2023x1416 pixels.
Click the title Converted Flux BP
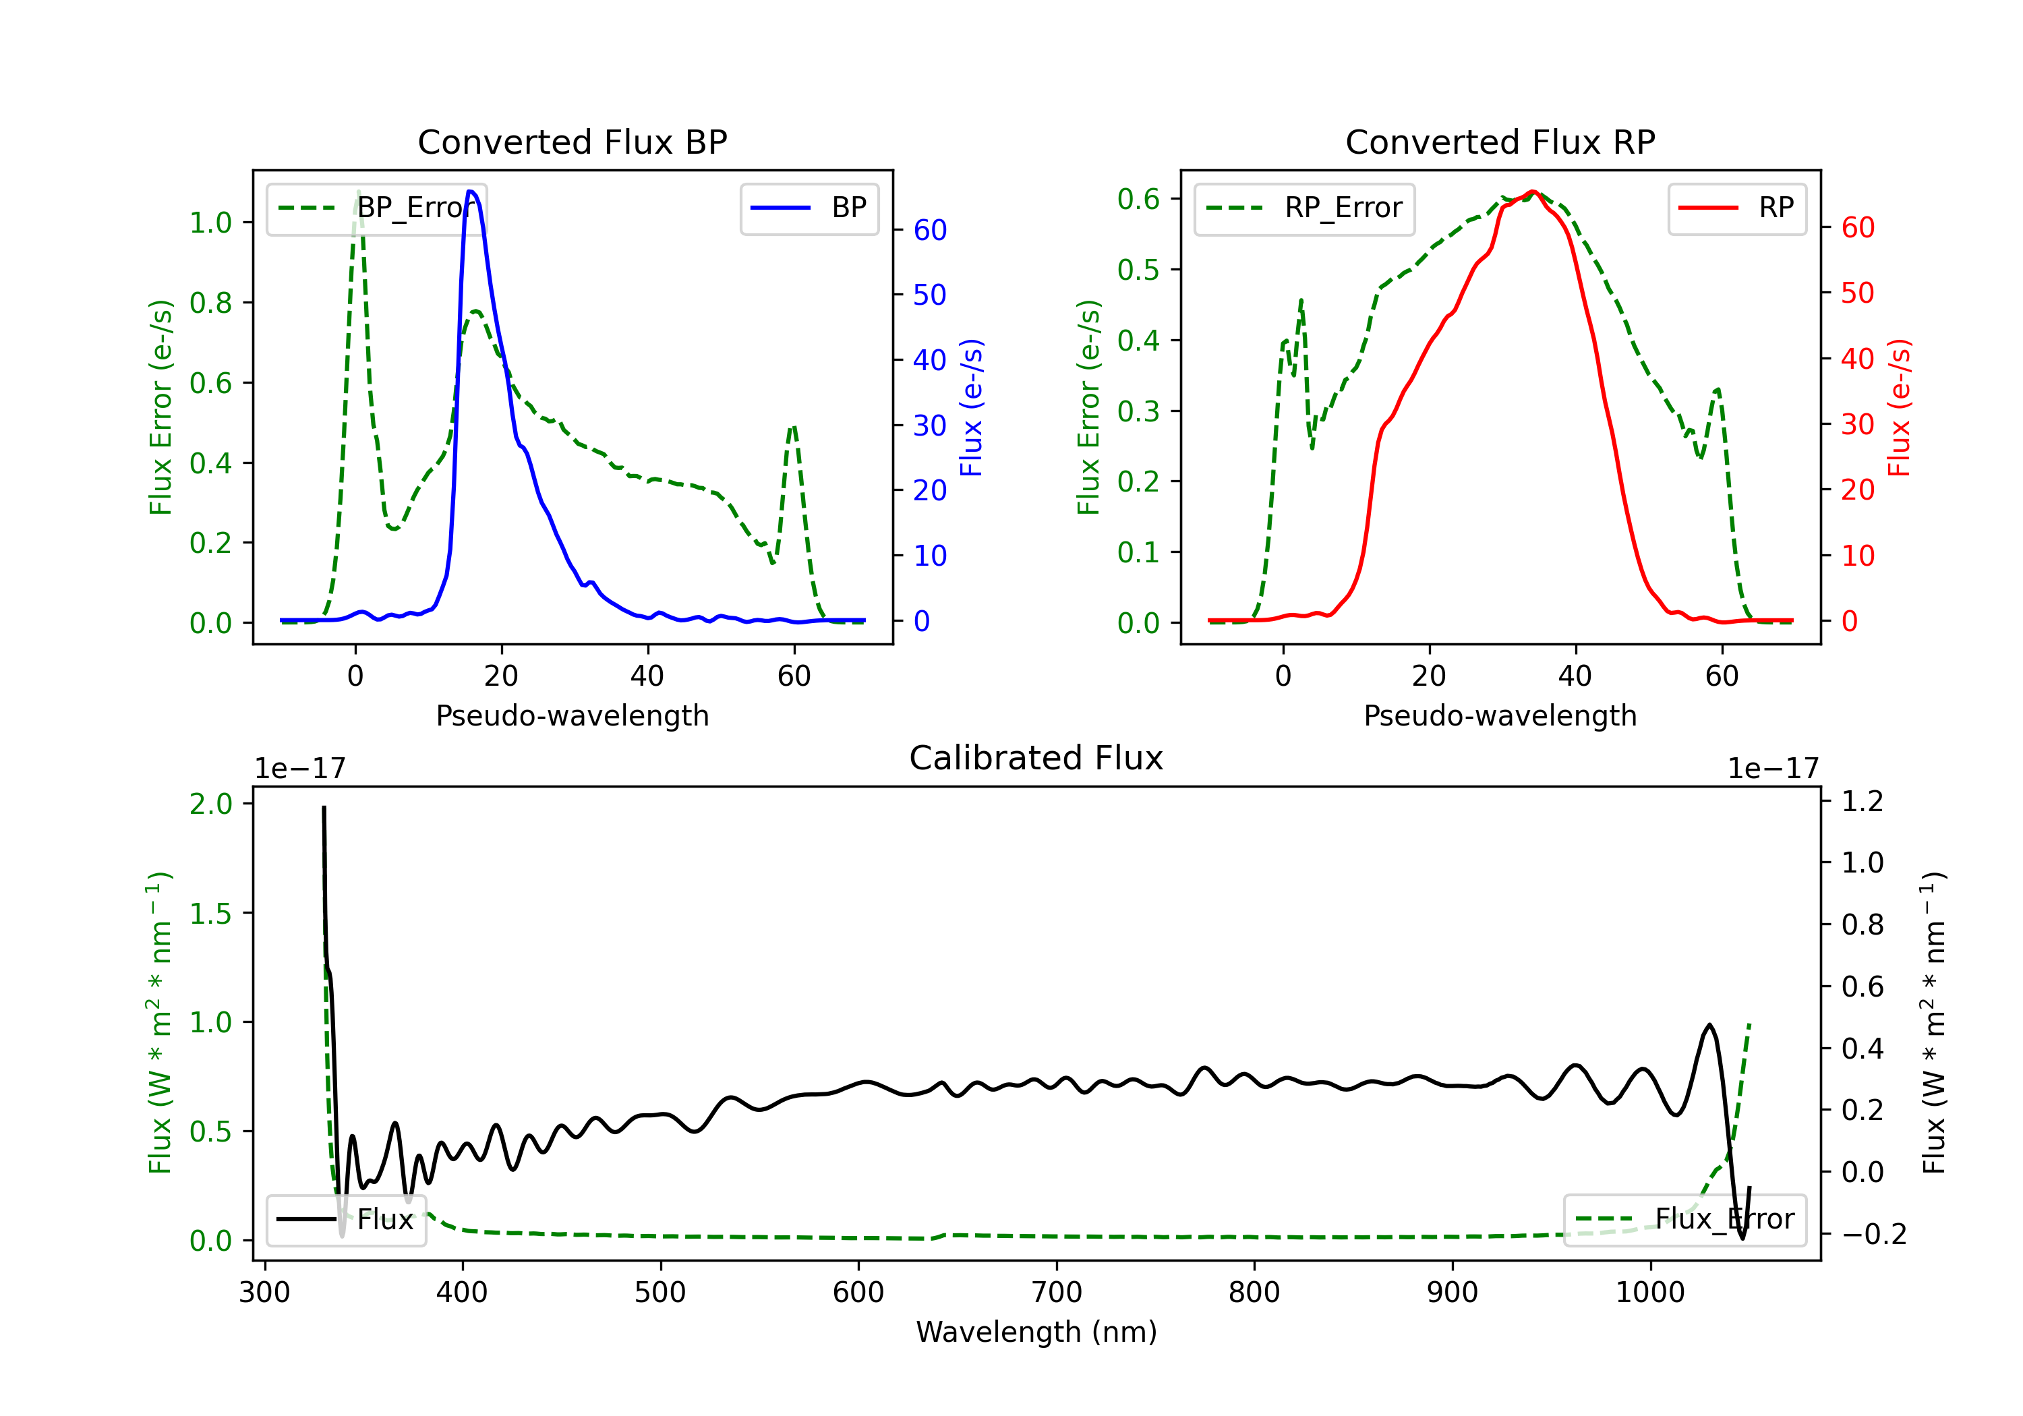coord(572,142)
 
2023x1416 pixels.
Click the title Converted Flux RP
coord(1500,142)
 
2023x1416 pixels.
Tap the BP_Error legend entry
coord(376,208)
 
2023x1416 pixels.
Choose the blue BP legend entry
coord(809,208)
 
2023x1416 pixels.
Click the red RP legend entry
coord(1736,208)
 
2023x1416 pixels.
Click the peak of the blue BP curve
coord(471,191)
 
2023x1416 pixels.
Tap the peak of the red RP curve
coord(1533,191)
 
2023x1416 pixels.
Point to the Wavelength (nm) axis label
coord(1036,1332)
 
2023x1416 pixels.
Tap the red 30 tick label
coord(1857,425)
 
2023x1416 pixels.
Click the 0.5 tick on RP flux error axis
coord(1138,270)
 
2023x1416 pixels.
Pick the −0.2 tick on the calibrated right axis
coord(1873,1233)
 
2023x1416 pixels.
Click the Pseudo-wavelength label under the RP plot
coord(1500,715)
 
